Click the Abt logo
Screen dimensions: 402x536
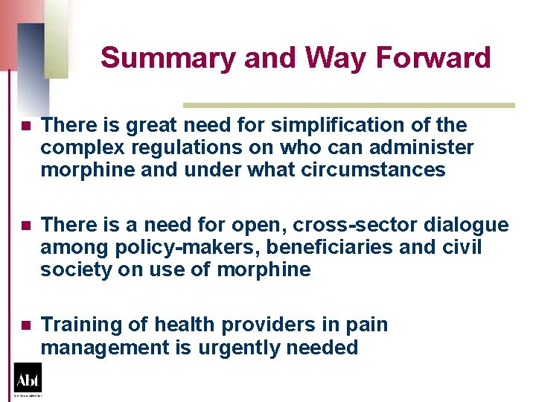(x=28, y=379)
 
